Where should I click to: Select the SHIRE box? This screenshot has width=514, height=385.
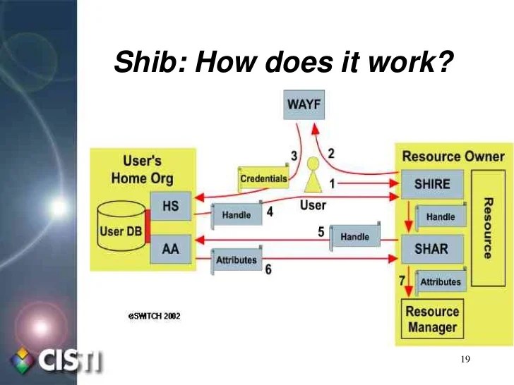coord(431,184)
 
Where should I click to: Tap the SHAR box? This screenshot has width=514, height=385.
coord(431,248)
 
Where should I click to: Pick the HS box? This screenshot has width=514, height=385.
coord(171,207)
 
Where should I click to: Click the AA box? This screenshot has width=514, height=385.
coord(171,249)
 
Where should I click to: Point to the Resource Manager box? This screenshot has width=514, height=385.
coord(431,319)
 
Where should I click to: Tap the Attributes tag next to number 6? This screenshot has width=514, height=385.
coord(237,260)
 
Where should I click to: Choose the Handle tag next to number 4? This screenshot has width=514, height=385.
coord(237,214)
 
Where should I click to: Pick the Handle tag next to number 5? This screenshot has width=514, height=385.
coord(355,237)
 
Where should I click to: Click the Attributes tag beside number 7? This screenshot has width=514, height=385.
coord(440,282)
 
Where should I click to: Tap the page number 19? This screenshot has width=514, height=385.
coord(465,360)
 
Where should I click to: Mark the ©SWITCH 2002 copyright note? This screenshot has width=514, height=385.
coord(154,316)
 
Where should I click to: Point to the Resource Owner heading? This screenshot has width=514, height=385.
coord(453,156)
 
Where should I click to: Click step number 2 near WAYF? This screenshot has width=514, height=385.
coord(330,152)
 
